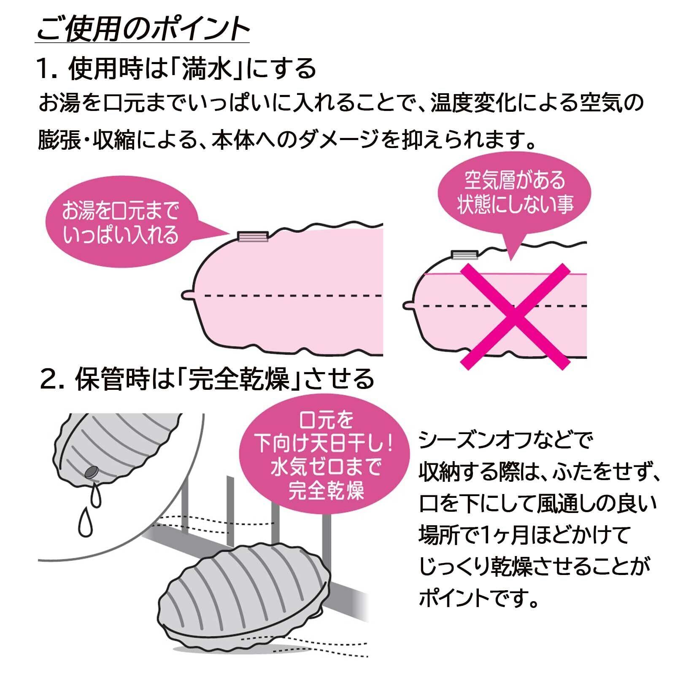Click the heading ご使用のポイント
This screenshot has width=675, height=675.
click(143, 30)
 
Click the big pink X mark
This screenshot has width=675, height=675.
click(515, 316)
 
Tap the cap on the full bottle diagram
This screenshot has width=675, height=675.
click(253, 236)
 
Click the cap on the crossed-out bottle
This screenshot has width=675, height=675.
click(464, 255)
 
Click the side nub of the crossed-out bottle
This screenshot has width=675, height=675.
click(408, 305)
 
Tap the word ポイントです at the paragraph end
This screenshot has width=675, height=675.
click(477, 598)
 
